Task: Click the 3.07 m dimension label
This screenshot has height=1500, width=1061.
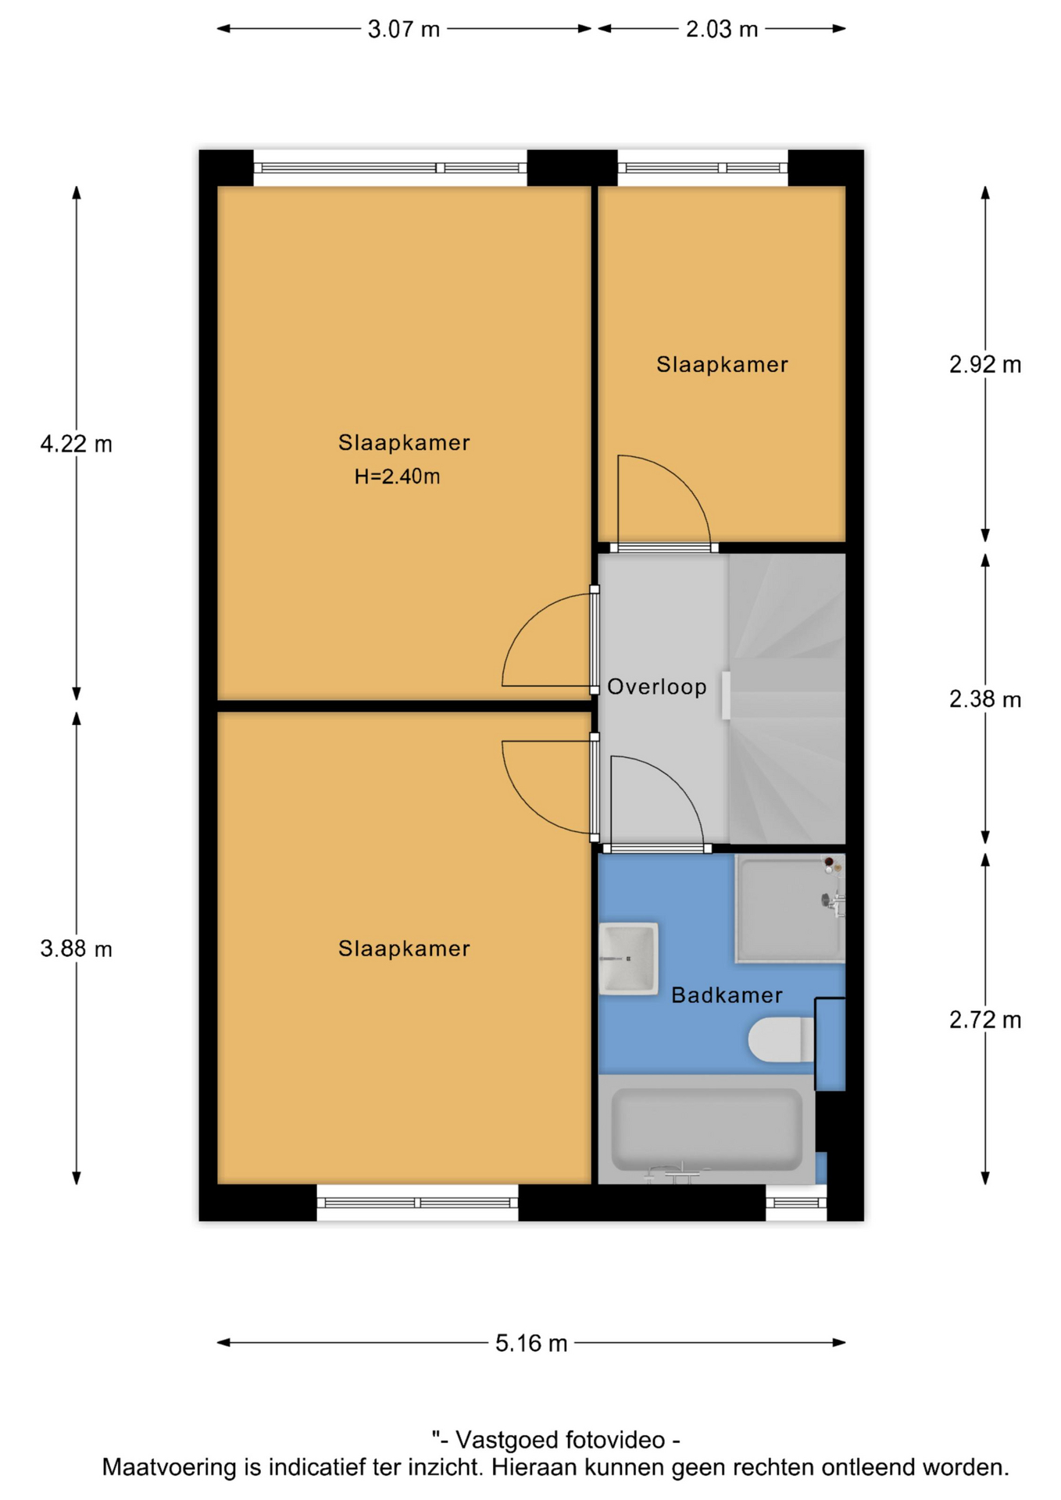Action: click(403, 29)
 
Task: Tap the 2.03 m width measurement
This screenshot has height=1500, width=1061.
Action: click(721, 29)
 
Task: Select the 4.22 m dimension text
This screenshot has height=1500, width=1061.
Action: click(76, 444)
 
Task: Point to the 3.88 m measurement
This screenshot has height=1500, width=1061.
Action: click(76, 948)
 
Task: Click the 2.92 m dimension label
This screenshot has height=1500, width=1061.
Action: click(985, 364)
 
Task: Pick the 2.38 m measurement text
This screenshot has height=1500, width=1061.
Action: click(985, 698)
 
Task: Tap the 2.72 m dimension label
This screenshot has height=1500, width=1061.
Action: click(985, 1019)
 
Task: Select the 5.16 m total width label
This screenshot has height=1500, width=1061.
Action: click(530, 1343)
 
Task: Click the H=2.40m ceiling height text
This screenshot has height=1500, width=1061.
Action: click(397, 476)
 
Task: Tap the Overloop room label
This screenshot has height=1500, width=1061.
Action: click(656, 687)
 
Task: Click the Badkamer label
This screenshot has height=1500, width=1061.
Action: click(727, 995)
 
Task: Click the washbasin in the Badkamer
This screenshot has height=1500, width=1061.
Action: click(628, 959)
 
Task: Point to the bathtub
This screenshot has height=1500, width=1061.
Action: click(706, 1130)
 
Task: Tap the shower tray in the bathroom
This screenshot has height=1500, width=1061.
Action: click(790, 909)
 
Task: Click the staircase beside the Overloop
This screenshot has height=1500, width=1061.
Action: click(787, 698)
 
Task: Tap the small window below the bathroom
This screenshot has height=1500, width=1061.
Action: click(795, 1202)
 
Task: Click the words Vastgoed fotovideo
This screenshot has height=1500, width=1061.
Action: click(560, 1440)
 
